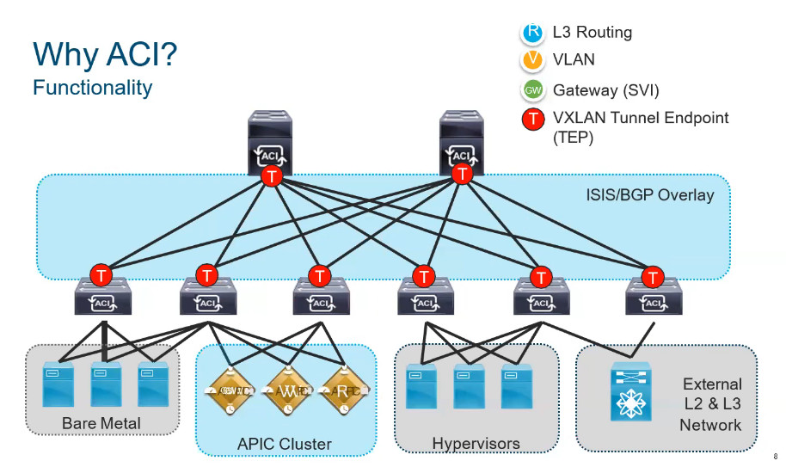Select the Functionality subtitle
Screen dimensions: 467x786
(x=92, y=87)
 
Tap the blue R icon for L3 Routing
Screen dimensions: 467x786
(x=533, y=33)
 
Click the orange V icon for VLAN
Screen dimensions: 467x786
(x=533, y=60)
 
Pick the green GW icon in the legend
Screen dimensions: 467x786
(x=533, y=89)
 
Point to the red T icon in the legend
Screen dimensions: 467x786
(x=533, y=119)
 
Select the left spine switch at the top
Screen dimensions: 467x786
(x=271, y=142)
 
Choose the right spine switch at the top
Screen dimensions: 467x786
(x=463, y=142)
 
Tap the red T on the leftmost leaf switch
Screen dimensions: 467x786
(x=101, y=276)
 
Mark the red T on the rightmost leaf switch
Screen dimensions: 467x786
(x=654, y=277)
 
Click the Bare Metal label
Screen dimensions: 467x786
(x=101, y=423)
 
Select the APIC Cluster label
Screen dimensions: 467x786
(x=284, y=444)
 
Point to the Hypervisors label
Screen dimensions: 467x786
(x=476, y=444)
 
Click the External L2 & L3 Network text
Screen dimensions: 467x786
(x=711, y=404)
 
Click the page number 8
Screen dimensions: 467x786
(x=775, y=457)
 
